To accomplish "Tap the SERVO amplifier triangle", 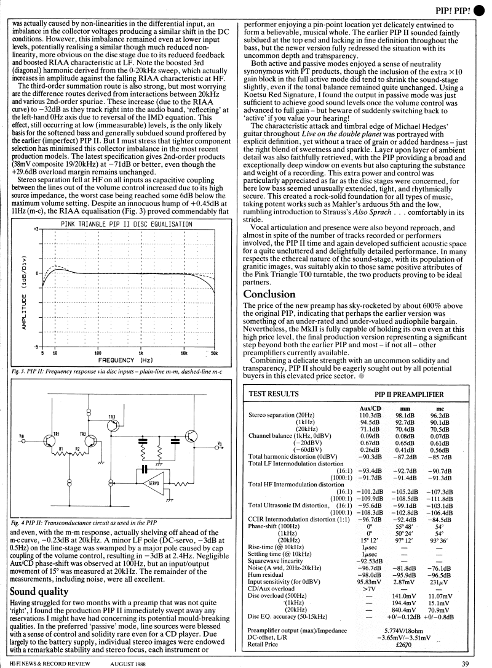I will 146,484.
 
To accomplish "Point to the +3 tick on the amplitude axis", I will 36,229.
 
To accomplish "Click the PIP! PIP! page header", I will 454,10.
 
